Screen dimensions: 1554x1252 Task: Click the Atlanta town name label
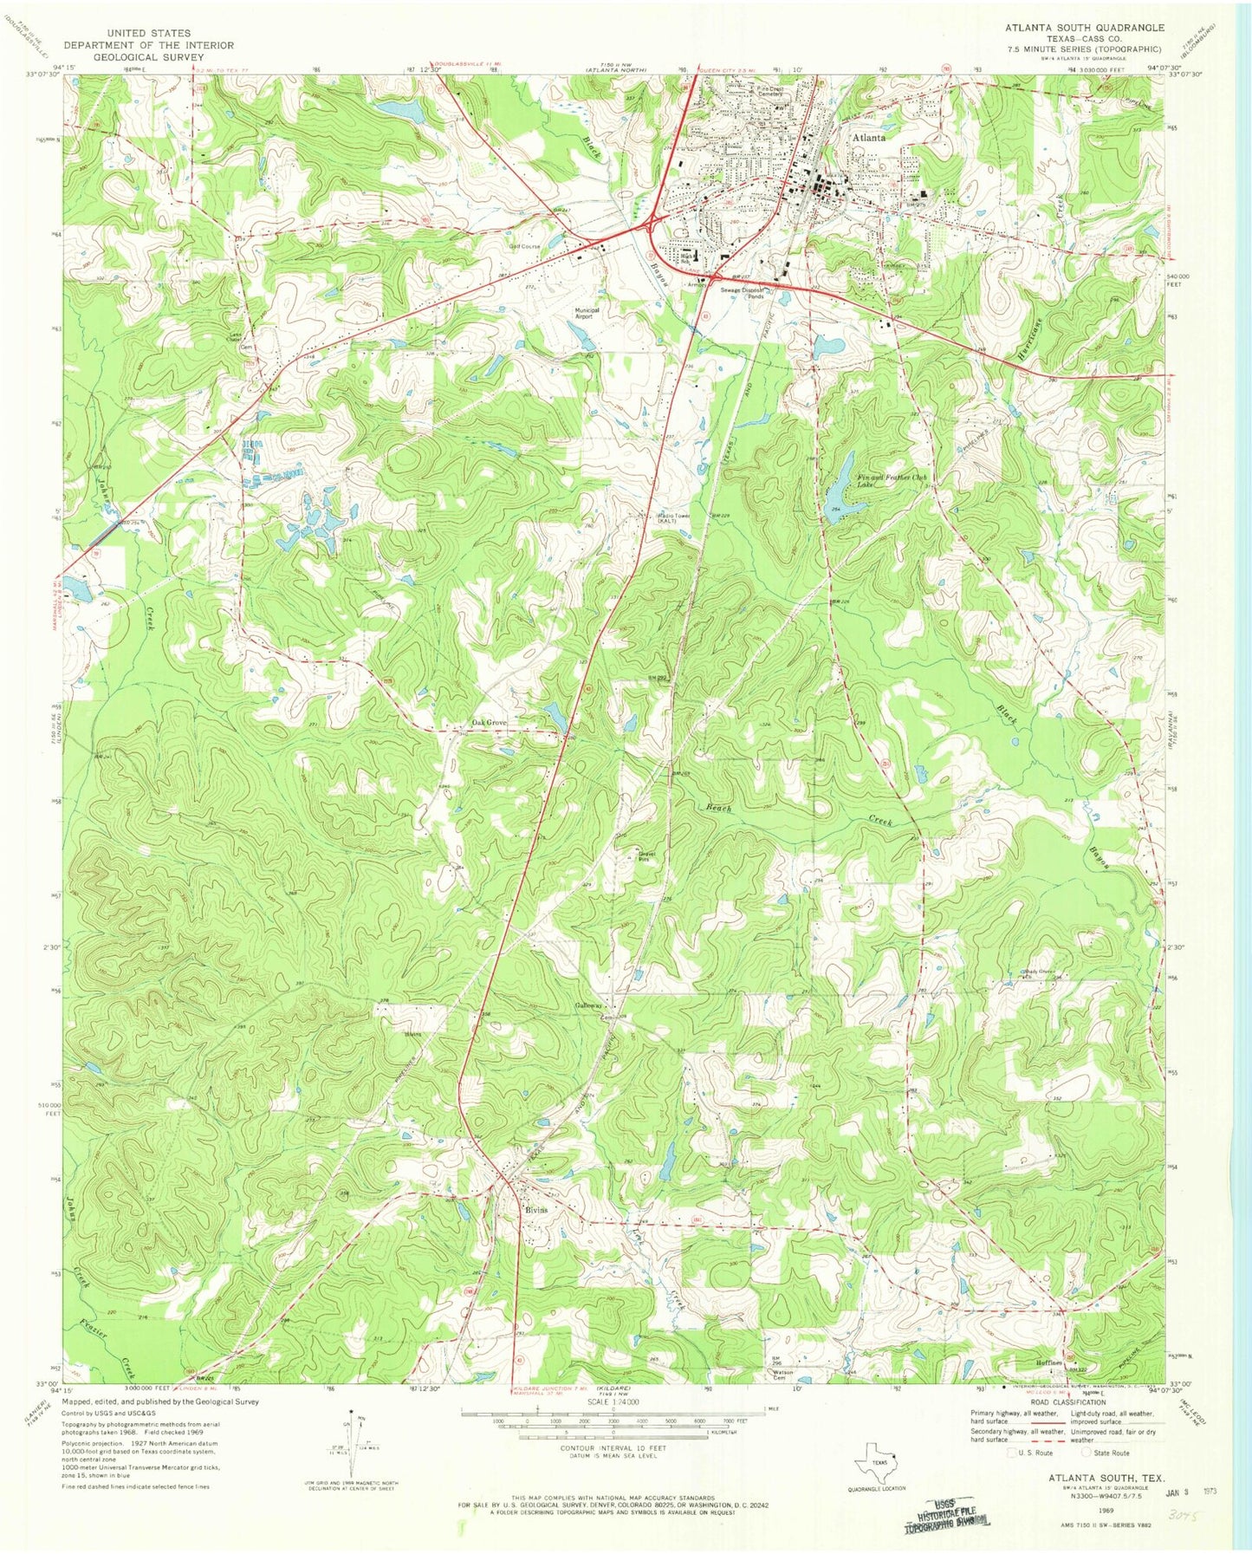click(x=868, y=138)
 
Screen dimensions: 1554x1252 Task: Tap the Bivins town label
click(x=535, y=1210)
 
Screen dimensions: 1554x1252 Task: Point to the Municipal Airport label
click(x=587, y=313)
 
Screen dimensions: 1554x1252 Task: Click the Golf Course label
click(x=524, y=246)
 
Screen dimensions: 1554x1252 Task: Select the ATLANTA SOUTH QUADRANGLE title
click(x=1084, y=28)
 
